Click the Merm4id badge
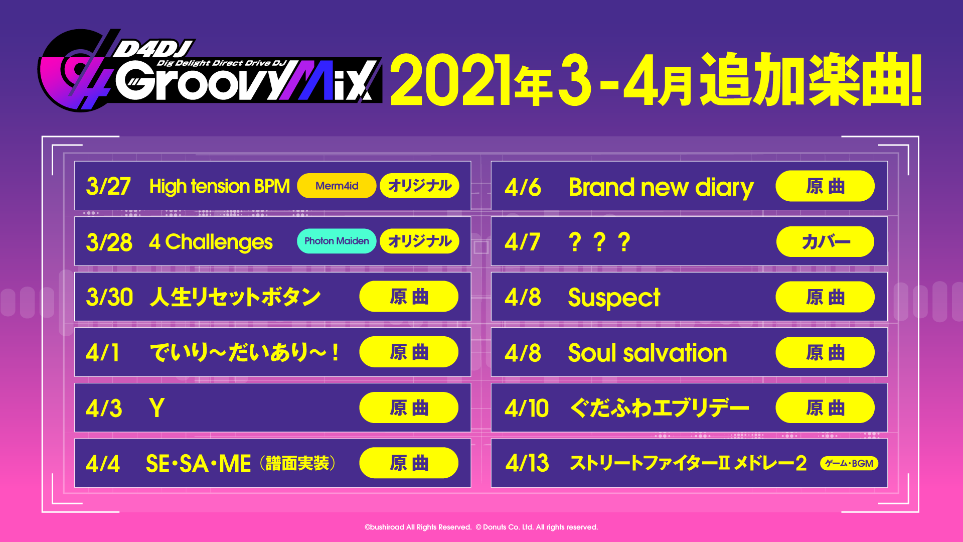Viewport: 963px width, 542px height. coord(337,186)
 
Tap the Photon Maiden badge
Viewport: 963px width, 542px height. coord(337,241)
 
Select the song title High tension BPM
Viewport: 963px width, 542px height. coord(220,186)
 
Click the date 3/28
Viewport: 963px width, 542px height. coord(109,242)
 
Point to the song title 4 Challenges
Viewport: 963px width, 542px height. coord(211,242)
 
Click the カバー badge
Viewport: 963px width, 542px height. coord(825,242)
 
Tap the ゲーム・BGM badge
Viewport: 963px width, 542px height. coord(849,463)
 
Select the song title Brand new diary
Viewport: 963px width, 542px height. coord(661,188)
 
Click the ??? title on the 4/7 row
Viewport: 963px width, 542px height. coord(599,242)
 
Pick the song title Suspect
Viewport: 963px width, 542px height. coord(614,298)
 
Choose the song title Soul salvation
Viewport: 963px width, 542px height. coord(648,352)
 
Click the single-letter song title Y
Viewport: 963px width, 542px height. coord(156,408)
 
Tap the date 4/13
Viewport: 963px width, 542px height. coord(527,463)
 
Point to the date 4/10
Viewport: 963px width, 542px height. coord(527,408)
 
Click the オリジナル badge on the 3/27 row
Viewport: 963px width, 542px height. coord(420,186)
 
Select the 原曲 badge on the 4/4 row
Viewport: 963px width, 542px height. coord(409,463)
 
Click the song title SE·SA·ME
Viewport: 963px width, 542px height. coord(198,464)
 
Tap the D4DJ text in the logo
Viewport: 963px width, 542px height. coord(153,49)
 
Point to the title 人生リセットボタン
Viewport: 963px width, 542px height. coord(235,297)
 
